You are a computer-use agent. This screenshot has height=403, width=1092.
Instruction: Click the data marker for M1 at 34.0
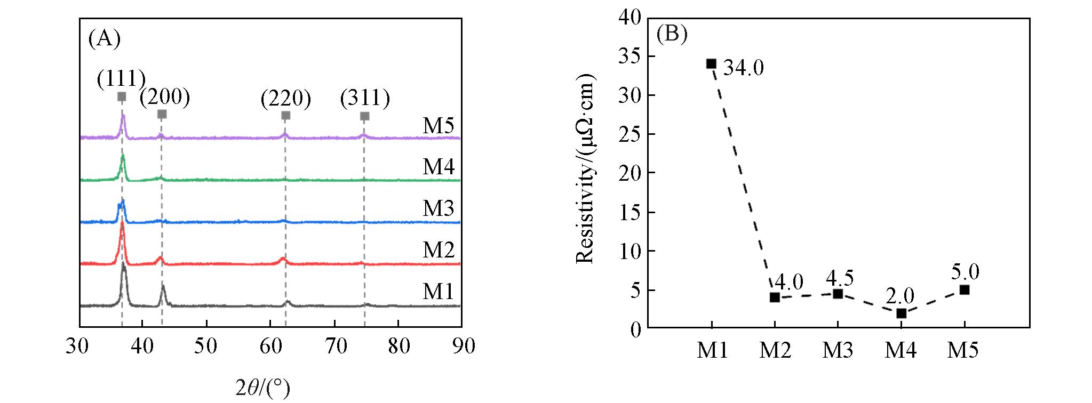711,64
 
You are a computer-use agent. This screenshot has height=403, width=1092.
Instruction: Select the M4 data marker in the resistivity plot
901,313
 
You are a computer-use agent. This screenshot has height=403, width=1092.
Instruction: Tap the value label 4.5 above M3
840,278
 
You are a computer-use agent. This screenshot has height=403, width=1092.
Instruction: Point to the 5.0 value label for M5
965,272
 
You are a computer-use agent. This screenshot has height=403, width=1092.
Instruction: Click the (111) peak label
121,79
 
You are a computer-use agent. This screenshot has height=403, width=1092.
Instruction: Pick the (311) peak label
365,98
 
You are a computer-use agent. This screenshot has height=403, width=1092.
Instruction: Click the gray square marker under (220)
285,116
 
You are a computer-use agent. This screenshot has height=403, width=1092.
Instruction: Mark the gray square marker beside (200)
162,114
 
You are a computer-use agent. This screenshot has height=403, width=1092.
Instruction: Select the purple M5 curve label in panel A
439,126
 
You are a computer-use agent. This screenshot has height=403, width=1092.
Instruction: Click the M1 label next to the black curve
439,292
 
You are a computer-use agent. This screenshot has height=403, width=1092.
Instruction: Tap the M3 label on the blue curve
439,208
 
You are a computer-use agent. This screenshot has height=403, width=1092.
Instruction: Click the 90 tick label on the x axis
463,346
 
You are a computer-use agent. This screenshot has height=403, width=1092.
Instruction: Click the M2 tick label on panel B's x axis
775,350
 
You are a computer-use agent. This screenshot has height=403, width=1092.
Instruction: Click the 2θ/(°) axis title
263,389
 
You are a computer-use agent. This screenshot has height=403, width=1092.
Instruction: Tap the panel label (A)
105,38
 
